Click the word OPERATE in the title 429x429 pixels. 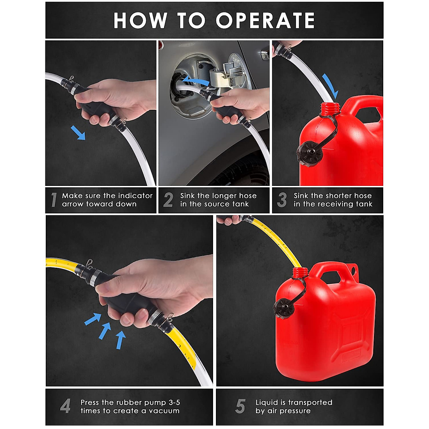(265, 20)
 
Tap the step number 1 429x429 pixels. (54, 200)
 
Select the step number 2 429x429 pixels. (168, 200)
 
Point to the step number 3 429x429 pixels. (282, 200)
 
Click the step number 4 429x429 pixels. (65, 406)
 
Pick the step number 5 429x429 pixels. (240, 406)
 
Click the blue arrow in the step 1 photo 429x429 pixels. (78, 133)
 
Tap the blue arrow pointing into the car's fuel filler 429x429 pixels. (196, 80)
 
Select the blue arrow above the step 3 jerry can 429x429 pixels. (330, 87)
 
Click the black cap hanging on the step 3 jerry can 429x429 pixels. (310, 153)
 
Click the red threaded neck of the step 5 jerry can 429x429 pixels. (300, 273)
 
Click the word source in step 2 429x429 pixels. (221, 204)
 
